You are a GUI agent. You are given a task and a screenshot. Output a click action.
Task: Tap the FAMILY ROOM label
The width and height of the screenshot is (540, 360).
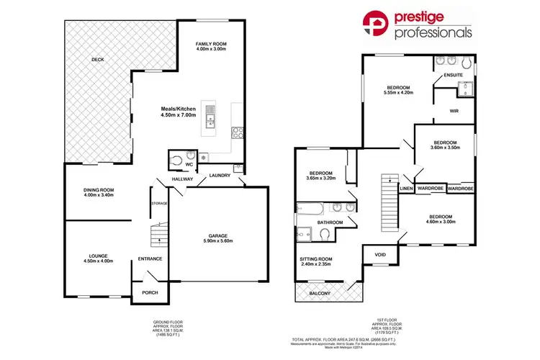click(x=212, y=44)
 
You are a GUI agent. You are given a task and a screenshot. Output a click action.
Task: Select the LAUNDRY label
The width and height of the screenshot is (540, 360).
click(x=220, y=175)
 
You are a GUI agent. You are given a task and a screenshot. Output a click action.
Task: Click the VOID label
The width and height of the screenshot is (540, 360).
click(x=380, y=253)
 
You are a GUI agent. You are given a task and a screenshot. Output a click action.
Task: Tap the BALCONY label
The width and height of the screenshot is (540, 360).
click(x=320, y=293)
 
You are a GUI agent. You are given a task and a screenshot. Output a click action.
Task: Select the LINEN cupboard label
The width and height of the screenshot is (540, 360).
click(x=407, y=189)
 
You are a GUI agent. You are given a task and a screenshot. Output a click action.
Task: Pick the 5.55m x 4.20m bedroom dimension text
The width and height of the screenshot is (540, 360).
click(x=398, y=93)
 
